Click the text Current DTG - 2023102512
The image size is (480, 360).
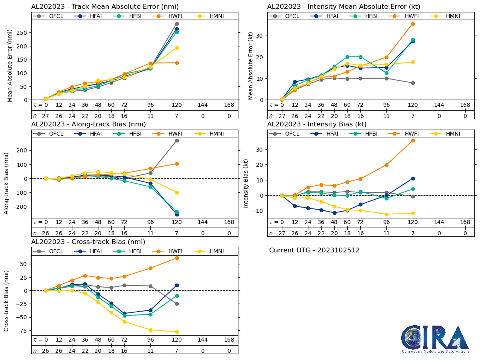314,250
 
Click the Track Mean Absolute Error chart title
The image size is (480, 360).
105,6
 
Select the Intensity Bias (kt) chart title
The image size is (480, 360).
317,124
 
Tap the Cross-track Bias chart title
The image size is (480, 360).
88,242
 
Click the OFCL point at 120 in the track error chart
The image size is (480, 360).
177,24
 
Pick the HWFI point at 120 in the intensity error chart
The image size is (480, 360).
413,24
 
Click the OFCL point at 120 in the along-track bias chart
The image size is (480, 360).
177,140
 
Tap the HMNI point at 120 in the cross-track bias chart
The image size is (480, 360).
177,332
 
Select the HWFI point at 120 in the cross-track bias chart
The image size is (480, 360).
177,258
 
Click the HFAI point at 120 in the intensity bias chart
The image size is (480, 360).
413,178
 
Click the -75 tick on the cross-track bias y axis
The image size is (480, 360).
20,331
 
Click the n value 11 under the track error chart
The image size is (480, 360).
151,116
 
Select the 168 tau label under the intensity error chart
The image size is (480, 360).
465,105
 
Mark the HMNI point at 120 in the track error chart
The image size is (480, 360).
177,48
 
